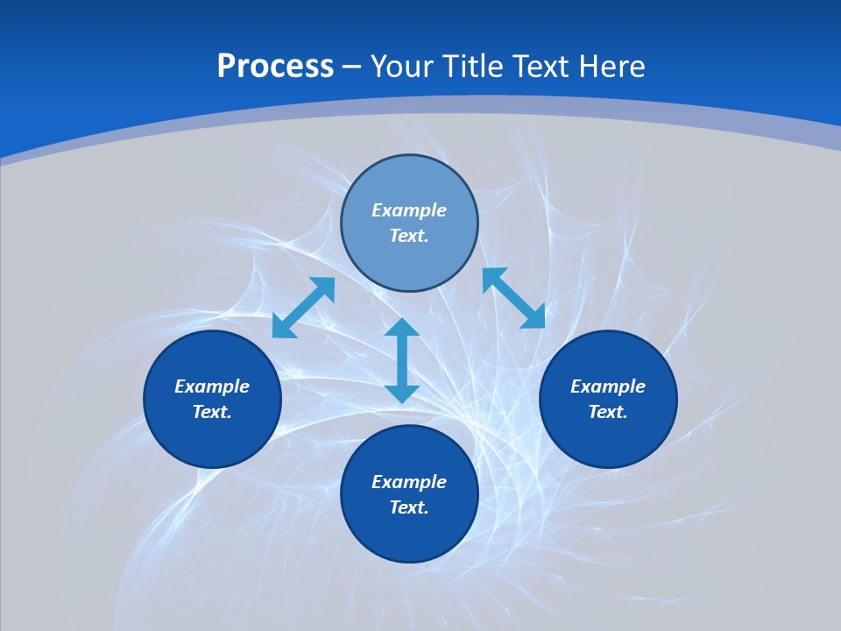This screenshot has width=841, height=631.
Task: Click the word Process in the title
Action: [x=275, y=67]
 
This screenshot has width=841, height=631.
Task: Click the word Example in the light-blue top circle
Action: [x=409, y=210]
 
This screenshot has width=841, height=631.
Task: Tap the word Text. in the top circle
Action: [x=409, y=236]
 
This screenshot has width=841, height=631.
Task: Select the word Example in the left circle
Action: [x=212, y=386]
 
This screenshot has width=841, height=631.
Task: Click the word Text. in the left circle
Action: [x=212, y=412]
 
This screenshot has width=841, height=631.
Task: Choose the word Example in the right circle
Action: [x=608, y=386]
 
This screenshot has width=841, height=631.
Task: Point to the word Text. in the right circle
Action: [x=608, y=412]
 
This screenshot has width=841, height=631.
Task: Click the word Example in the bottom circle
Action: [x=409, y=482]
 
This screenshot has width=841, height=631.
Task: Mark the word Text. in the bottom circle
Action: [x=409, y=507]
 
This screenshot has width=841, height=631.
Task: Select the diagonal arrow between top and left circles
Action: [x=303, y=308]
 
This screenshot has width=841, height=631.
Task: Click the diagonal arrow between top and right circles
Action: [x=513, y=298]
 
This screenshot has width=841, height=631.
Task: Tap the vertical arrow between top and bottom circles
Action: [x=402, y=360]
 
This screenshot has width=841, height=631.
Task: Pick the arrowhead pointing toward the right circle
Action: [x=534, y=317]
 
